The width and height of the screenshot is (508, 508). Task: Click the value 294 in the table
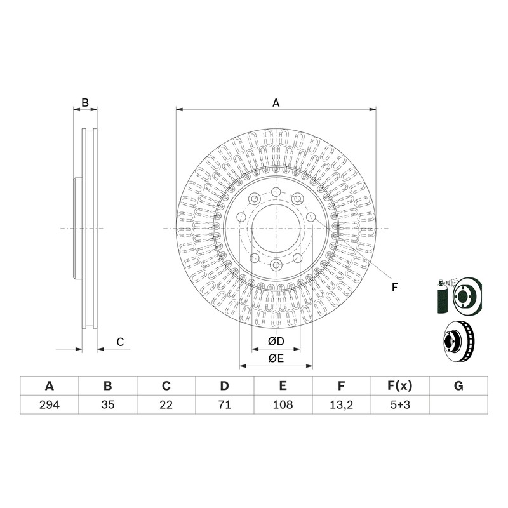50,404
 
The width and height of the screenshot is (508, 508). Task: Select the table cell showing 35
108,404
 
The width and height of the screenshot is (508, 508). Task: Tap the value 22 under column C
166,404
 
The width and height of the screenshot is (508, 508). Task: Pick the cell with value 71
225,404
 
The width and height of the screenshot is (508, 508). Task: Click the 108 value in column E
283,404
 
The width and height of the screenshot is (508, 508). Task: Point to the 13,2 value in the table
341,405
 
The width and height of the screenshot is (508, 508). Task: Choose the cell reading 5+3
400,404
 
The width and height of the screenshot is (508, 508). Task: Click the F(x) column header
400,386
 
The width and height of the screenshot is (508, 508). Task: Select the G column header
458,386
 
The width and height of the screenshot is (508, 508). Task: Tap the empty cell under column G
458,404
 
